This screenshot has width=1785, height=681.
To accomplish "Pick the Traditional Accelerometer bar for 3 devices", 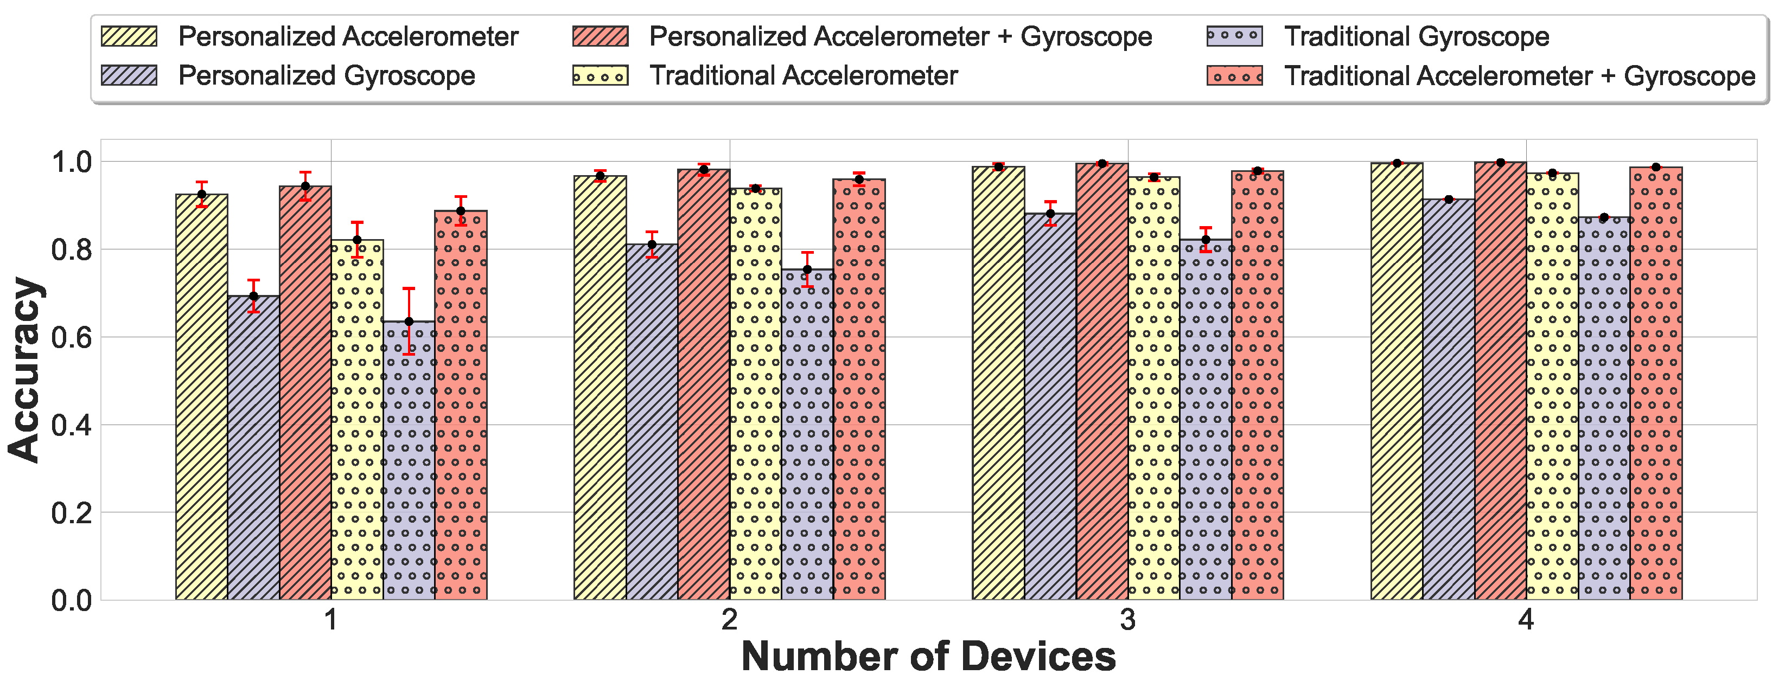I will click(1153, 388).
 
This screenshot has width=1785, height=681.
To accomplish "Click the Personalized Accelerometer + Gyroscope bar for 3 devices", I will click(1102, 381).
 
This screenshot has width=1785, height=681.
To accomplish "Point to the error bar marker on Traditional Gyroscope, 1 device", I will click(409, 322).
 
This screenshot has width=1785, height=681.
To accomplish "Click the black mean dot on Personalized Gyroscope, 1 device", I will click(253, 297).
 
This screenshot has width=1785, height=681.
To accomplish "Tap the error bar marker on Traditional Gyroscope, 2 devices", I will click(807, 269).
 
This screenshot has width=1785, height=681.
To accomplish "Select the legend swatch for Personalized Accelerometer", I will click(129, 36).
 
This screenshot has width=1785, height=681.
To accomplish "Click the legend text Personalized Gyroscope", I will click(327, 75).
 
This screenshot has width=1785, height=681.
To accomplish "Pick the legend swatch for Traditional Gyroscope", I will click(1234, 36).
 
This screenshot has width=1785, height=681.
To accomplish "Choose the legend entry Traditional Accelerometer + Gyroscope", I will click(1519, 75).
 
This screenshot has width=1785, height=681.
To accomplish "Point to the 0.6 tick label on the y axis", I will click(72, 337).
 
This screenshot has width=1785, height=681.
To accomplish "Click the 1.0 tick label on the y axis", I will click(72, 162).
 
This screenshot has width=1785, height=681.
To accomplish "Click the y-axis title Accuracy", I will click(25, 369).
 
